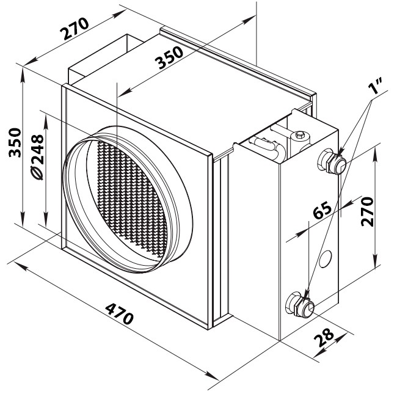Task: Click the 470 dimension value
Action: [x=119, y=314]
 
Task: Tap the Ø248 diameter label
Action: [x=37, y=157]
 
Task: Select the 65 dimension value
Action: [x=322, y=210]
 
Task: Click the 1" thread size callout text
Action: [x=376, y=86]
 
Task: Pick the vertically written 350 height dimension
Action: [x=15, y=142]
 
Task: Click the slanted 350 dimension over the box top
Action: [x=169, y=58]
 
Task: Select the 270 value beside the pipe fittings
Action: [x=367, y=211]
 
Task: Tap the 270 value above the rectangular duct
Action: [x=75, y=29]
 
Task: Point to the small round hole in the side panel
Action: [x=326, y=259]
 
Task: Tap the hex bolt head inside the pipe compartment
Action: [x=300, y=134]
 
